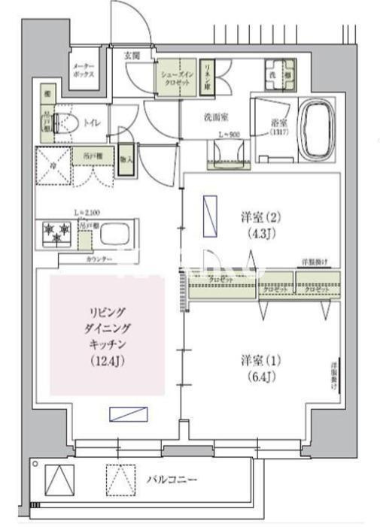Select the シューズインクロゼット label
(175, 77)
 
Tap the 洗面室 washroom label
(216, 117)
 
